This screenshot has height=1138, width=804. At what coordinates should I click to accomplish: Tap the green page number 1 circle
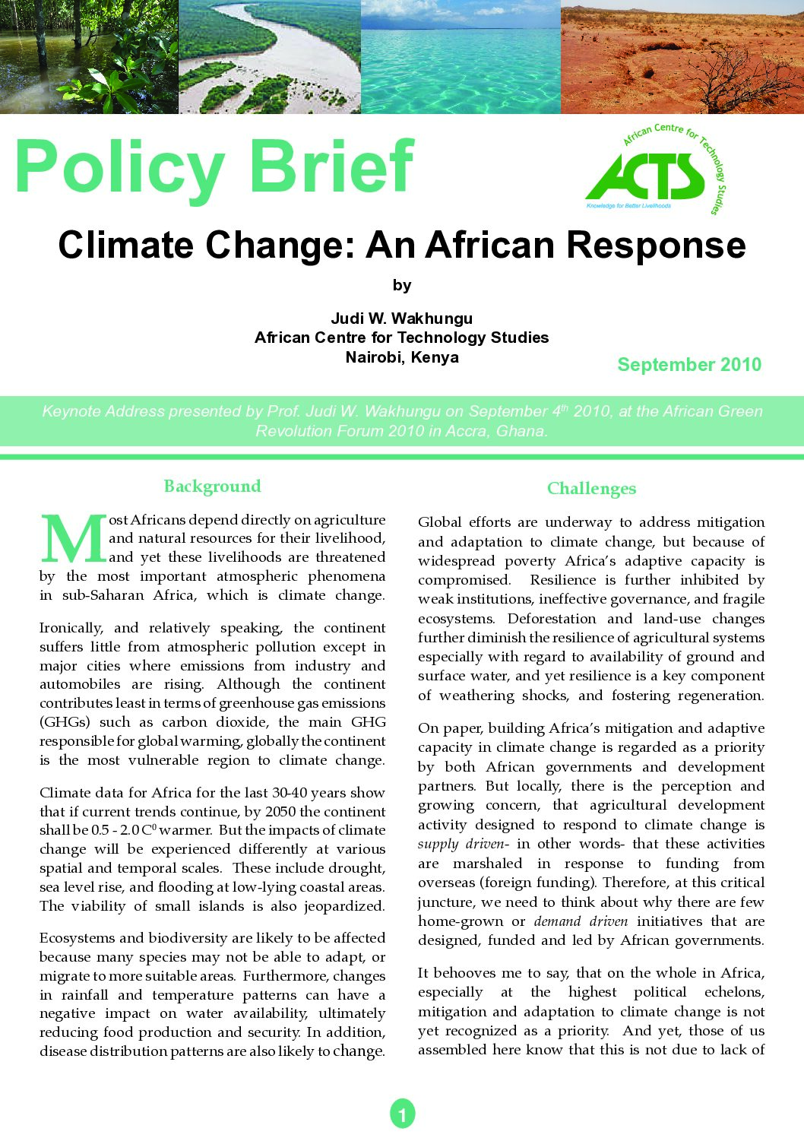(402, 1114)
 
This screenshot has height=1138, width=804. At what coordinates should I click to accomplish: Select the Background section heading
(212, 487)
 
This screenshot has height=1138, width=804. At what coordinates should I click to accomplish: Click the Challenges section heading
(591, 489)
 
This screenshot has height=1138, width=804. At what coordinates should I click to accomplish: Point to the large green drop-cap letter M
(74, 539)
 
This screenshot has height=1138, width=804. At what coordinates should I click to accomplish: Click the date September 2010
(689, 365)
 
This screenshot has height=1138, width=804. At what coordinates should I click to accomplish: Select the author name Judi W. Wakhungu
(401, 319)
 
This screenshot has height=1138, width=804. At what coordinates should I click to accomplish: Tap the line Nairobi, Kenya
(401, 357)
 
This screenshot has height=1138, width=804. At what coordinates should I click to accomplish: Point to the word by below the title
(402, 286)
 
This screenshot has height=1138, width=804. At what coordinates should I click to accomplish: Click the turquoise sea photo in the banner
(461, 57)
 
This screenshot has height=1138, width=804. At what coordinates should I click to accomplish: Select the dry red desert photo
(682, 57)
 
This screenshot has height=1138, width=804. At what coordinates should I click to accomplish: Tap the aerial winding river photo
(269, 57)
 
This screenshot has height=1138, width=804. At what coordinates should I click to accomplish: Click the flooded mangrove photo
(89, 57)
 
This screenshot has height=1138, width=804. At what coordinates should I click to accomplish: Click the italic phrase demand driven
(581, 921)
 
